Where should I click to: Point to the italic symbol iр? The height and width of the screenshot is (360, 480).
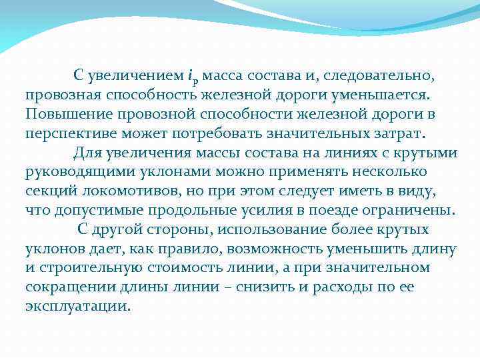[193, 78]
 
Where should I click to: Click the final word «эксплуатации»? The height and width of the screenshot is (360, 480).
[77, 307]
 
